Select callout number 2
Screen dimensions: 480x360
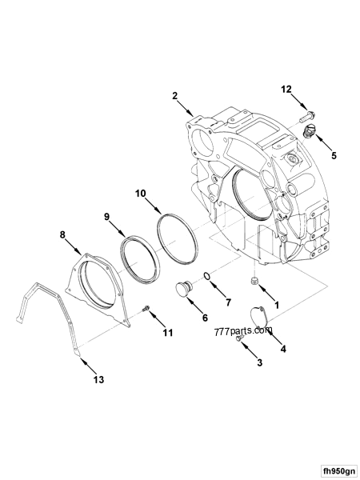(x=174, y=96)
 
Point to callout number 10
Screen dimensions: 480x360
(x=141, y=193)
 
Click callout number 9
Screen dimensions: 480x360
(x=106, y=216)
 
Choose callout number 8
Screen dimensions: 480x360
(x=62, y=235)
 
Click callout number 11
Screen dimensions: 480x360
(x=168, y=333)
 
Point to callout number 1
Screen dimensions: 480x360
(x=277, y=305)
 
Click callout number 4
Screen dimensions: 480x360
(x=282, y=349)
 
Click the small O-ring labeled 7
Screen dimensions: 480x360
(x=207, y=277)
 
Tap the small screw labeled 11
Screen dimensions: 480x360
(x=146, y=309)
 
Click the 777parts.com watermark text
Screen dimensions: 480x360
(x=243, y=330)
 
